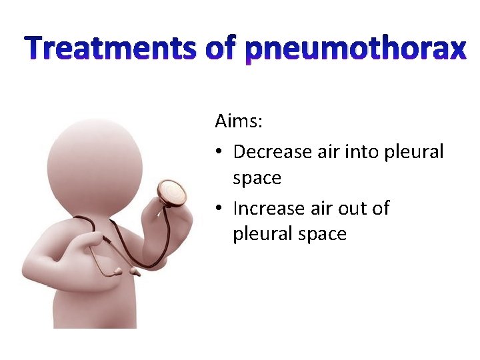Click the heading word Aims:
pyautogui.click(x=239, y=122)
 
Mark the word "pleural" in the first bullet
pyautogui.click(x=415, y=152)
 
